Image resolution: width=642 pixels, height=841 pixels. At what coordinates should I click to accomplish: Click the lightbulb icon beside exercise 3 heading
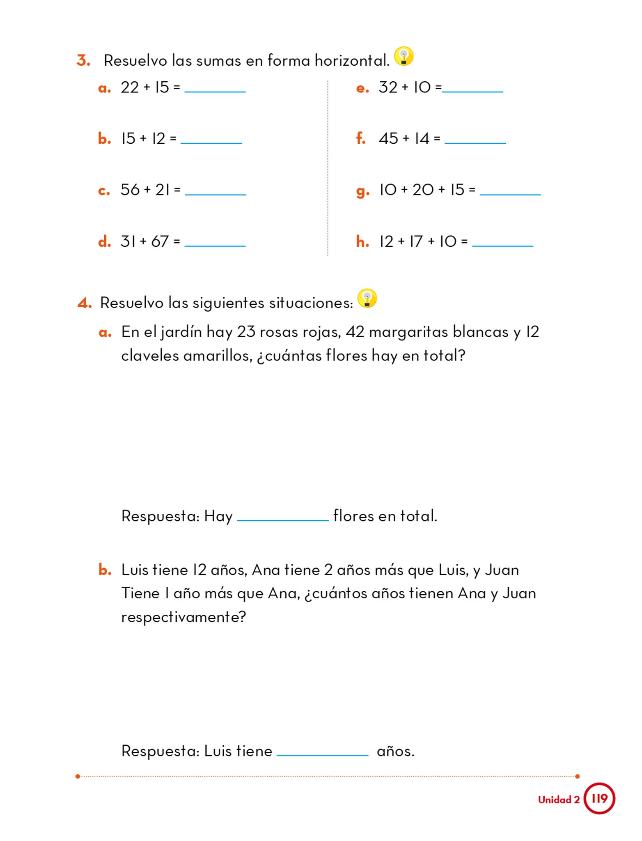coord(404,56)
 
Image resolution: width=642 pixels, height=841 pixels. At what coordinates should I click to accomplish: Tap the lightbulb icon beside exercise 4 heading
coord(367,299)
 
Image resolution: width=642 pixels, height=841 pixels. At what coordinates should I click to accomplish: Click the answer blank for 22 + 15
coord(215,90)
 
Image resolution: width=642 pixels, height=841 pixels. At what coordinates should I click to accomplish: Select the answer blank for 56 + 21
coord(216,193)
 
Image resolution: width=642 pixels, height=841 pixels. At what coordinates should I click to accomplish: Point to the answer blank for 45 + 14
coord(475,142)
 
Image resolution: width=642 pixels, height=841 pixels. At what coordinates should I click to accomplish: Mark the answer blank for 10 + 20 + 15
coord(510,193)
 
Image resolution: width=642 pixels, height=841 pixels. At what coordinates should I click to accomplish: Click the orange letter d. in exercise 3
coord(104,241)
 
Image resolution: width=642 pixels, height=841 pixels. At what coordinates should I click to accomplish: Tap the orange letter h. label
coord(362,241)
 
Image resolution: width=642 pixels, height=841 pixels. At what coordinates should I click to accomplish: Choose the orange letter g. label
coord(362,191)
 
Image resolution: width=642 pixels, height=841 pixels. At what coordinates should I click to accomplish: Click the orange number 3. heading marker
coord(83,61)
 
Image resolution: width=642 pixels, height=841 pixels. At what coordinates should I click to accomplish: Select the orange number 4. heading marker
coord(85,303)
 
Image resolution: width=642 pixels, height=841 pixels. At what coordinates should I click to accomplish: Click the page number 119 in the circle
coord(599,799)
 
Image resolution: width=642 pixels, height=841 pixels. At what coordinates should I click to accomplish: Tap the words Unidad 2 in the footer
coord(559,800)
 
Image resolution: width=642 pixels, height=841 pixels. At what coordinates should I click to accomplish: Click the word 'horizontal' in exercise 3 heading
coord(352,61)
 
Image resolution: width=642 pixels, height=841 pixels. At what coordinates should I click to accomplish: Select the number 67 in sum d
coord(160,241)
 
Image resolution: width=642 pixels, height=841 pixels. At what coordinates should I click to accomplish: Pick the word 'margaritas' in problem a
coord(408,332)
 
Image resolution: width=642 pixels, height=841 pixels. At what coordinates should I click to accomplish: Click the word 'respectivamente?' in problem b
coord(183,617)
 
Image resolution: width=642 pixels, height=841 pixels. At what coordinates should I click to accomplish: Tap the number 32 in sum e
coord(388,87)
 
